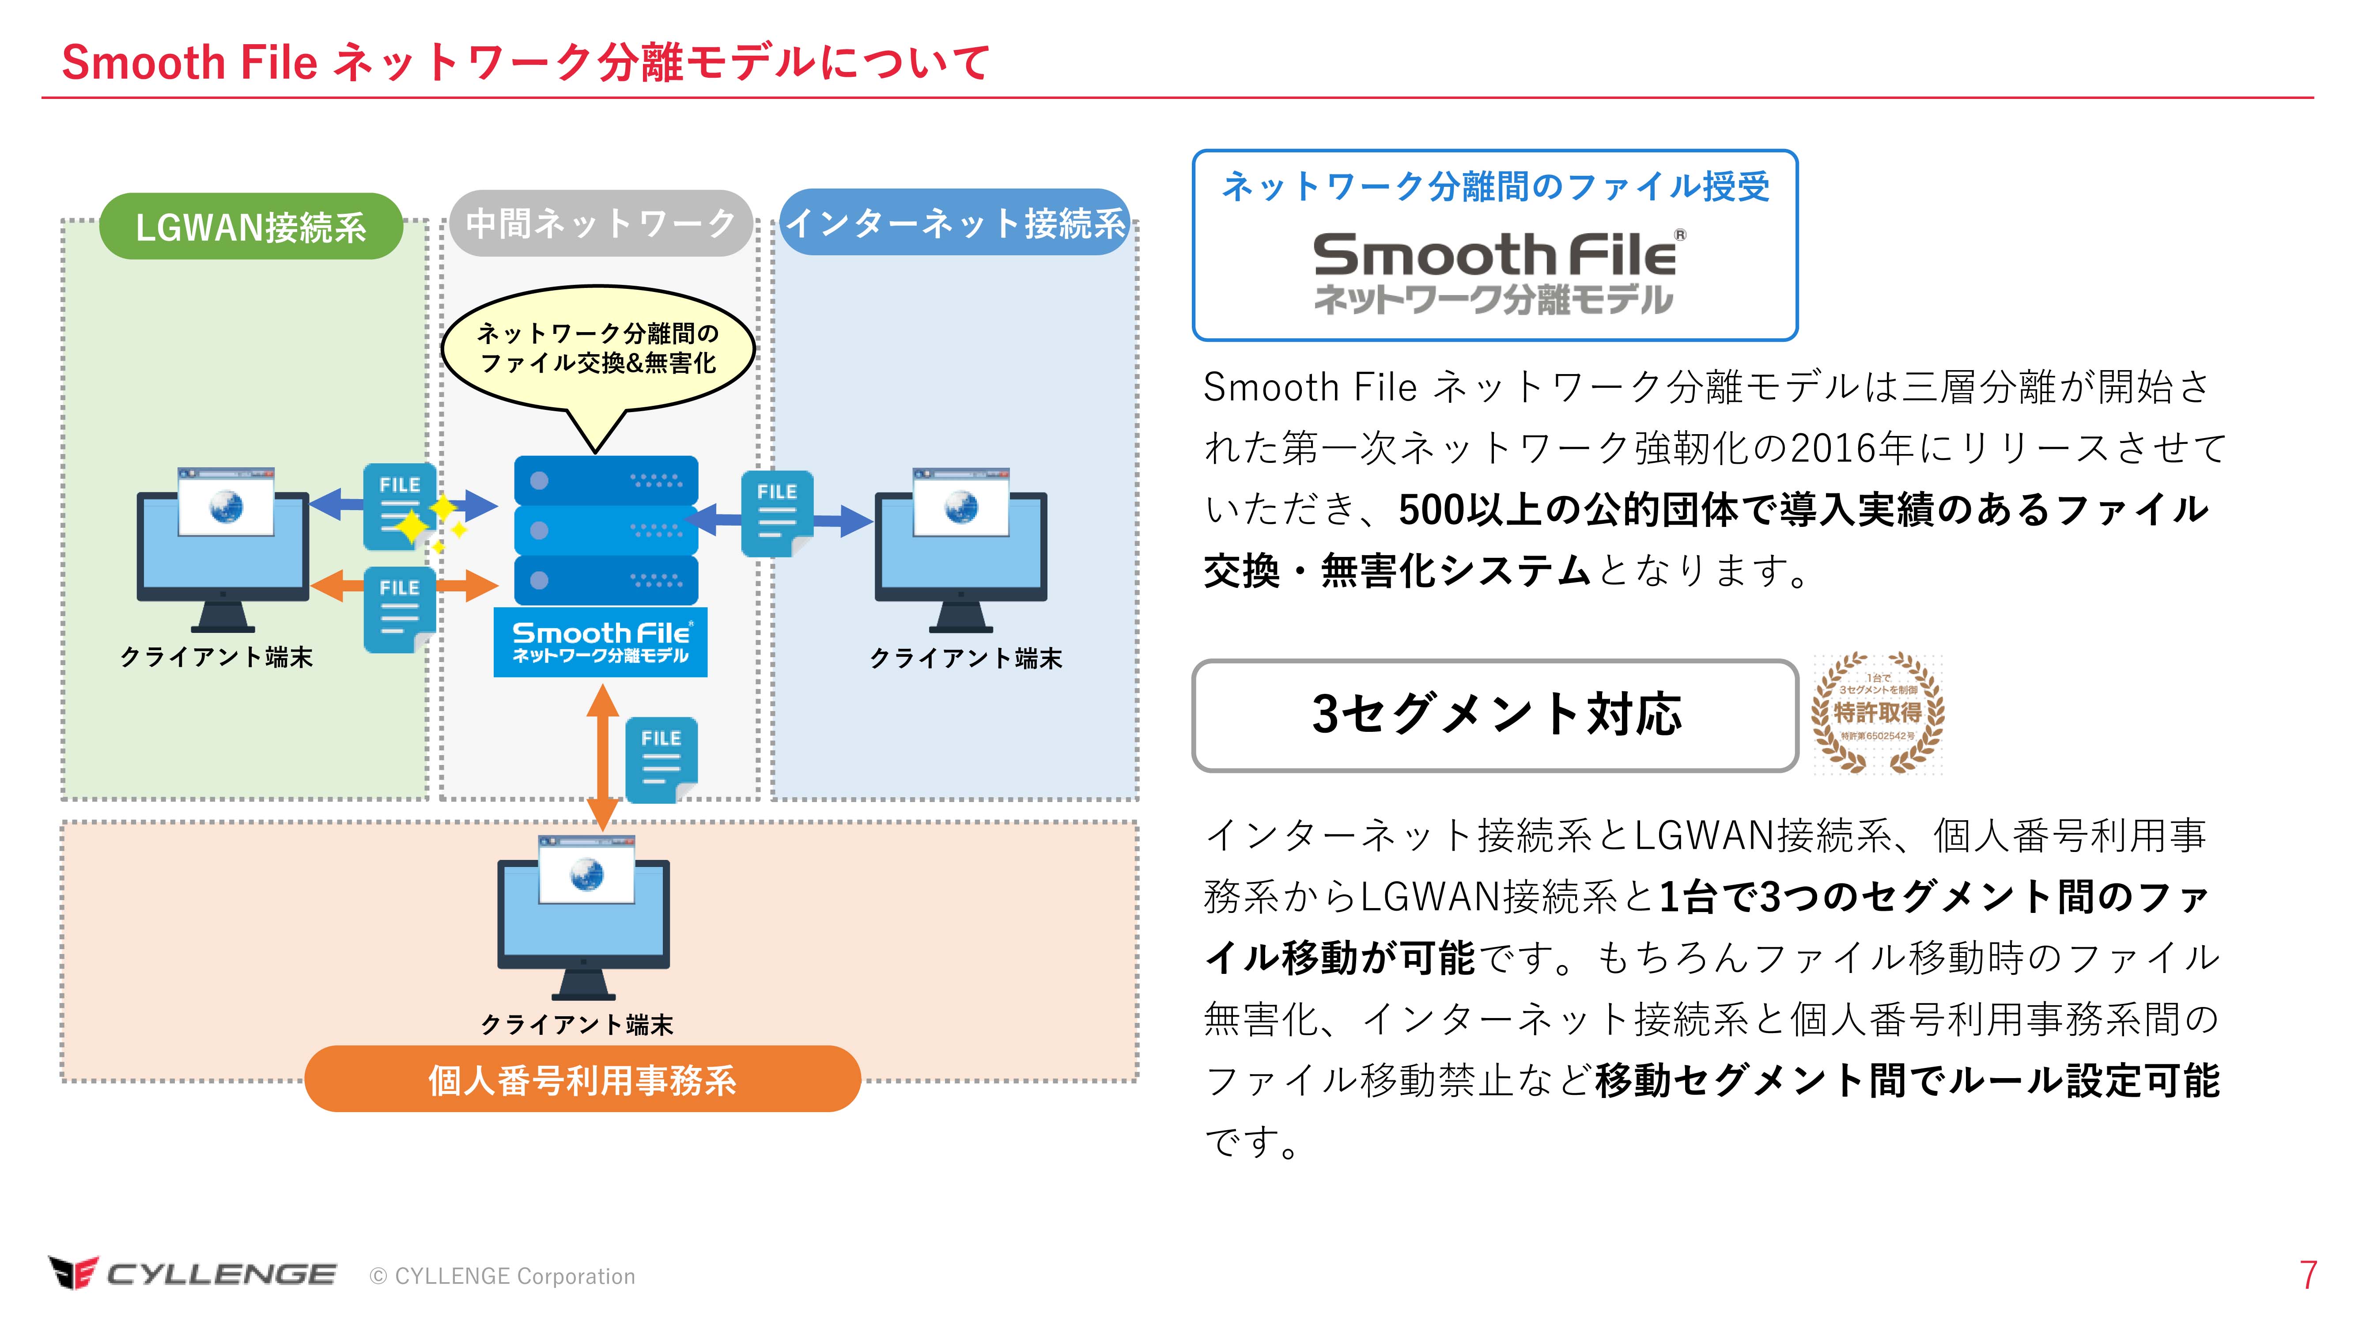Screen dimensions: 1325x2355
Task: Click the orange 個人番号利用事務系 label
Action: [582, 1080]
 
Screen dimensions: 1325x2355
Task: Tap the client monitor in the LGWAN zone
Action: [223, 549]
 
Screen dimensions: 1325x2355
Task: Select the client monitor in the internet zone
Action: [961, 549]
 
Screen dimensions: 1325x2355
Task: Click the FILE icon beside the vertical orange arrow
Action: [661, 759]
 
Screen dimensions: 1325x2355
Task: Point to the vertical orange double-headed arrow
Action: [602, 757]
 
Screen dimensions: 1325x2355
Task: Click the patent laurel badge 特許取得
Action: [1878, 713]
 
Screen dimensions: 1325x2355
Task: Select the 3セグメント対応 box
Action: [1496, 715]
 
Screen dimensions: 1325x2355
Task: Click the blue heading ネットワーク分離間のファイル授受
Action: [1496, 186]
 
